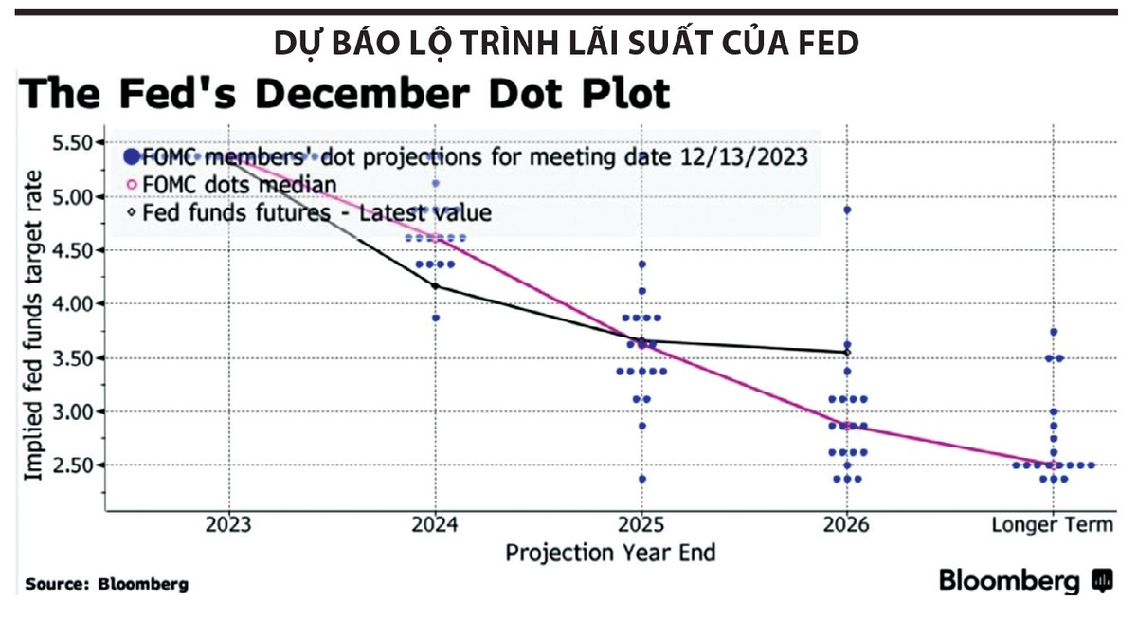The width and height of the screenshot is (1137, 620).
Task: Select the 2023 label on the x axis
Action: (x=228, y=524)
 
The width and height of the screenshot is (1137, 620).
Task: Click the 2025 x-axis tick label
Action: (x=641, y=524)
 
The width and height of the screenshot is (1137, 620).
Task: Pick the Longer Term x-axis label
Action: (x=1053, y=524)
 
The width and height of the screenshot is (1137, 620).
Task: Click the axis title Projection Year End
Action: (x=610, y=553)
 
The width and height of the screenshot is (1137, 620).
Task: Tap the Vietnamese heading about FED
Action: (x=568, y=44)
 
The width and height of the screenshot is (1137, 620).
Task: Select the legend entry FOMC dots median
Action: (x=238, y=184)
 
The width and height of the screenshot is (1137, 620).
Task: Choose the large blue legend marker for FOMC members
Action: (x=132, y=156)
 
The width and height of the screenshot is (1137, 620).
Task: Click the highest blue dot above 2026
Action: (x=847, y=210)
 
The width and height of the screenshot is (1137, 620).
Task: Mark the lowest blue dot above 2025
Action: (x=641, y=479)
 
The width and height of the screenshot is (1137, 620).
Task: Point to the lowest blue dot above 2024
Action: (x=435, y=318)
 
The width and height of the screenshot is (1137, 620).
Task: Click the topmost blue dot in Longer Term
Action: (x=1054, y=332)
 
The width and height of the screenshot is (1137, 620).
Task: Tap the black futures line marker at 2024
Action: (x=435, y=285)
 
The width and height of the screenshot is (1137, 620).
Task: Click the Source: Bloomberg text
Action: (x=106, y=584)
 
